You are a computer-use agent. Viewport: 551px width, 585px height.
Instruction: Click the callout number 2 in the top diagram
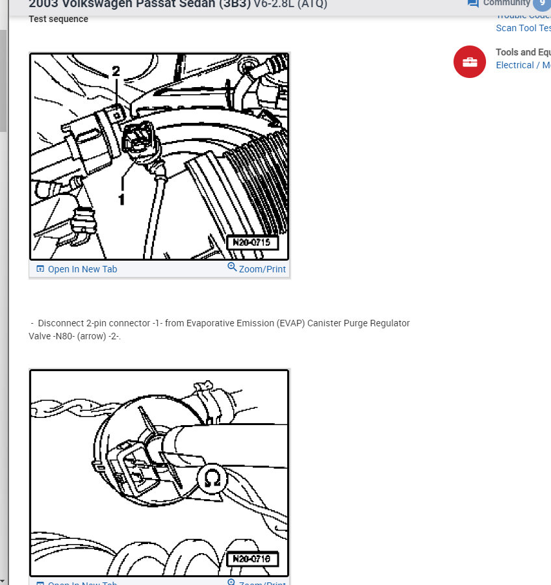(116, 71)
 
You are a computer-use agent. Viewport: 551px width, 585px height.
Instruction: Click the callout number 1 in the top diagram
(121, 198)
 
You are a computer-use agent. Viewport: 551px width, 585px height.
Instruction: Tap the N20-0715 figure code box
(252, 243)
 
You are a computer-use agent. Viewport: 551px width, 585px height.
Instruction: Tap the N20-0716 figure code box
(252, 558)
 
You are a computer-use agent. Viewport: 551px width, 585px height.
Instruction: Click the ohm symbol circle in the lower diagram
(212, 479)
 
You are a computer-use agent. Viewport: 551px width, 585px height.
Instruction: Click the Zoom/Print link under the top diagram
(262, 269)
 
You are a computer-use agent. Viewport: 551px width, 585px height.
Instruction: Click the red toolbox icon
(470, 62)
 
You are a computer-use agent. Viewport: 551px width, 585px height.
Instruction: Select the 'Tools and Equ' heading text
(522, 52)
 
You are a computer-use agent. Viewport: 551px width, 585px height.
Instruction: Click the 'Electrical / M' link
(522, 65)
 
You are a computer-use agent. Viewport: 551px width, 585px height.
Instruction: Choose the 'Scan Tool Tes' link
(522, 28)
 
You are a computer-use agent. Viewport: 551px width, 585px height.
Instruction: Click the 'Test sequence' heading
(58, 19)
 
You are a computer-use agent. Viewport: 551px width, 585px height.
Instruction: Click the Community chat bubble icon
(473, 3)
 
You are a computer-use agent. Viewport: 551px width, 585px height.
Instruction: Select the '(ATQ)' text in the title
(307, 4)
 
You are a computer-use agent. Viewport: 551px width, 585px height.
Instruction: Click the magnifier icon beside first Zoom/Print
(232, 267)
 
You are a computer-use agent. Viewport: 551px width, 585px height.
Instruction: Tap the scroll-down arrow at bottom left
(3, 580)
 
